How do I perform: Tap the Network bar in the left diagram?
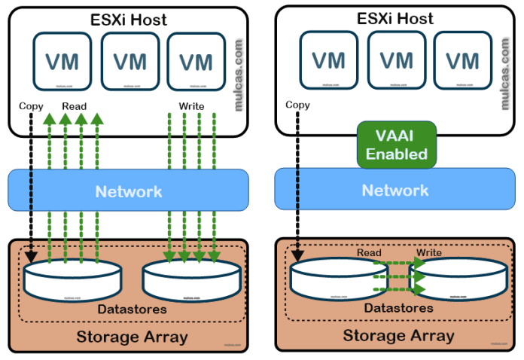[128, 191]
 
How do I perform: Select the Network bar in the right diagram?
[395, 190]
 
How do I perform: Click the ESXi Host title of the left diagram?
[129, 18]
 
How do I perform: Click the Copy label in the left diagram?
[32, 106]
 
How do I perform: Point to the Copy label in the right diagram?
[298, 105]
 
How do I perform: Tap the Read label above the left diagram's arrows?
[75, 106]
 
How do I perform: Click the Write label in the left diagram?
[192, 106]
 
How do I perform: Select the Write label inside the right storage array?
[429, 252]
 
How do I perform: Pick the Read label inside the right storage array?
[369, 252]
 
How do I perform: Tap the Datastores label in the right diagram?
[399, 308]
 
